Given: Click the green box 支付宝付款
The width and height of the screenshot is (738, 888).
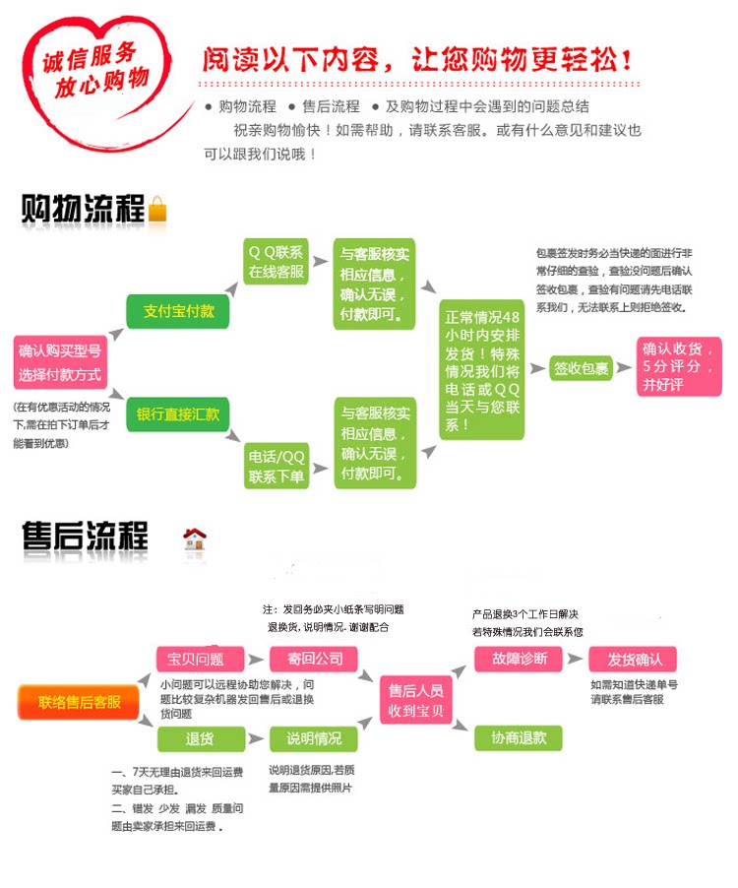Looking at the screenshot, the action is coord(178,311).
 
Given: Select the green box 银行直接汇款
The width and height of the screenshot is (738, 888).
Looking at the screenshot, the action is coord(178,414).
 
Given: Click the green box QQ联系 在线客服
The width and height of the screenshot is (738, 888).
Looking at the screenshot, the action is coord(276,262).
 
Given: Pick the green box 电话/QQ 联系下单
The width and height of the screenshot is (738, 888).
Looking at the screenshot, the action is coord(277,467).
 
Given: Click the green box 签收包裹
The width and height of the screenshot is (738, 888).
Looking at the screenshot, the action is coord(581,368).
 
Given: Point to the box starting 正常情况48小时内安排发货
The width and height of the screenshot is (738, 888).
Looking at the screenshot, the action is coord(481,369).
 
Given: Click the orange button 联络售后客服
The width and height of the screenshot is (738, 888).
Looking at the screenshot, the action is coord(80,702).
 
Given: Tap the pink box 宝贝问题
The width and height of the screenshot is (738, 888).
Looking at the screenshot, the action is coord(196,659).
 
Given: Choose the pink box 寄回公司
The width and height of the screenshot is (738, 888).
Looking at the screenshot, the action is coord(315,659).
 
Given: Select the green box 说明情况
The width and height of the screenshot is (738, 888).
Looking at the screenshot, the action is coord(315,738).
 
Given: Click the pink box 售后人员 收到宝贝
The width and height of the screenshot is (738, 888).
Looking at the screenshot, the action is coord(416,700).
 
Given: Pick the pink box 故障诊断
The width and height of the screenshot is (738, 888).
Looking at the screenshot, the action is coord(519,659).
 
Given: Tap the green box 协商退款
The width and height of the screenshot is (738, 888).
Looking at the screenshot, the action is coord(519,737).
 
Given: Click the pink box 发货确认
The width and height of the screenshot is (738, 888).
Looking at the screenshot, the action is coord(635,659).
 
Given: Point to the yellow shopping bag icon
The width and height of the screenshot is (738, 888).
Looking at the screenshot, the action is coord(158,210).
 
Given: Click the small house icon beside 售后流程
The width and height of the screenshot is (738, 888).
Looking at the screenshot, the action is coord(195,539).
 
